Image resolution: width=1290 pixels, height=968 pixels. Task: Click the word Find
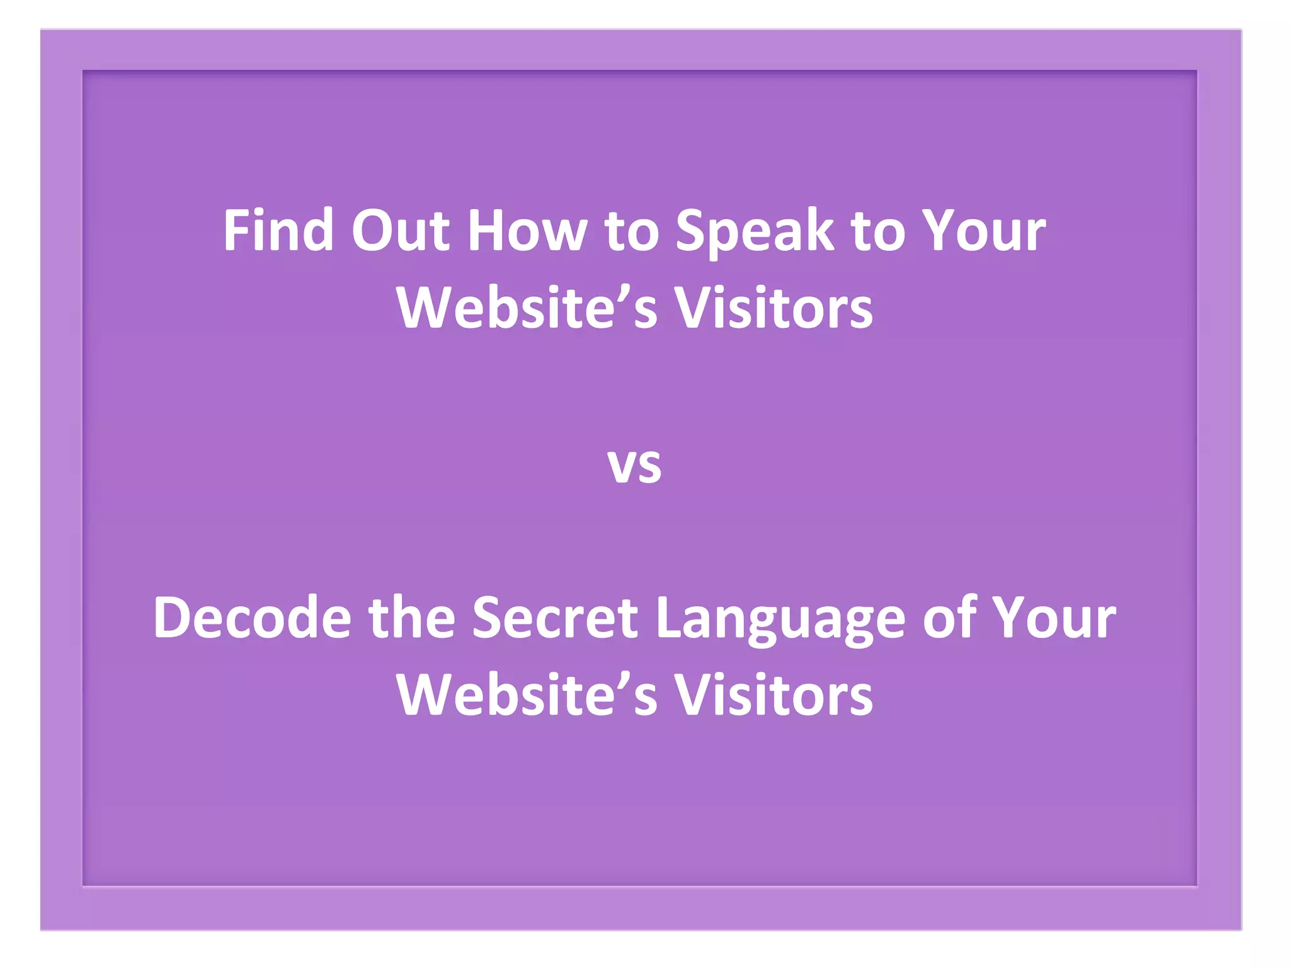click(x=278, y=231)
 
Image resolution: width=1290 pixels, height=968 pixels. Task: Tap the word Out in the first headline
click(x=401, y=231)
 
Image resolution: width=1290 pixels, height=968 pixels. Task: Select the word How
click(x=527, y=231)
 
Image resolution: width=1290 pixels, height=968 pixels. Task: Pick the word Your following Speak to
click(x=983, y=231)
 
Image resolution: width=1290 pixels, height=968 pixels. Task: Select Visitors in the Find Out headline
click(x=774, y=308)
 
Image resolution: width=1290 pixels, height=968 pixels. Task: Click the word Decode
click(x=252, y=618)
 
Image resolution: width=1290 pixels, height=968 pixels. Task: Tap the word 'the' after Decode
click(x=412, y=618)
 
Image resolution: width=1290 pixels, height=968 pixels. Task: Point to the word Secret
click(x=555, y=618)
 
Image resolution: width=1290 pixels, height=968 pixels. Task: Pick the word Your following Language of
click(x=1054, y=618)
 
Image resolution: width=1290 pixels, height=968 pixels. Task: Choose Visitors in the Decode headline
click(x=774, y=695)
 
